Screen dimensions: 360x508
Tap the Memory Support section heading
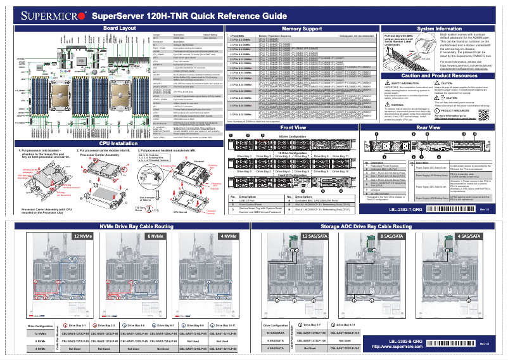(300, 29)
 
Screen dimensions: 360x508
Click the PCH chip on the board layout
(82, 60)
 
